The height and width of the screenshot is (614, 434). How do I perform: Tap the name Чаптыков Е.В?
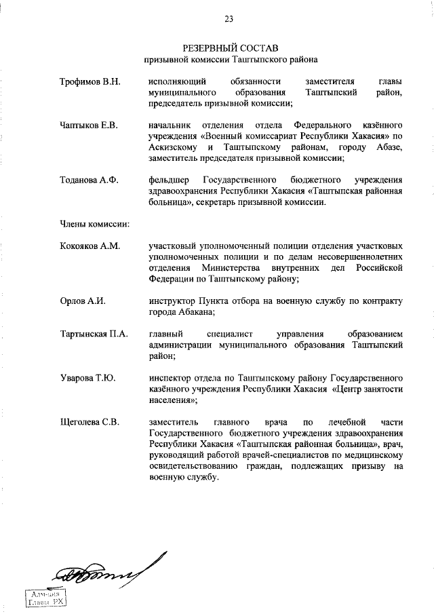(89, 126)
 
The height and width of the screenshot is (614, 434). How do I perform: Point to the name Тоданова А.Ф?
(89, 180)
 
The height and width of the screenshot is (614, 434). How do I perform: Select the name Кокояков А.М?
(90, 246)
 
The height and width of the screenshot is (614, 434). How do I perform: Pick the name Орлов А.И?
(82, 301)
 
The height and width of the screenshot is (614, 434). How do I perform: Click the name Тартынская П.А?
(94, 334)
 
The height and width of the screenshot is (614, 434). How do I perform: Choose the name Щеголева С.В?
(90, 422)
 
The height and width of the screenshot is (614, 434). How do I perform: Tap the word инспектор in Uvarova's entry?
(172, 377)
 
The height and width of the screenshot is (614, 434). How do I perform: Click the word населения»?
(172, 400)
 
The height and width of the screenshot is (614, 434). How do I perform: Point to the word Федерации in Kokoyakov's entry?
(172, 279)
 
